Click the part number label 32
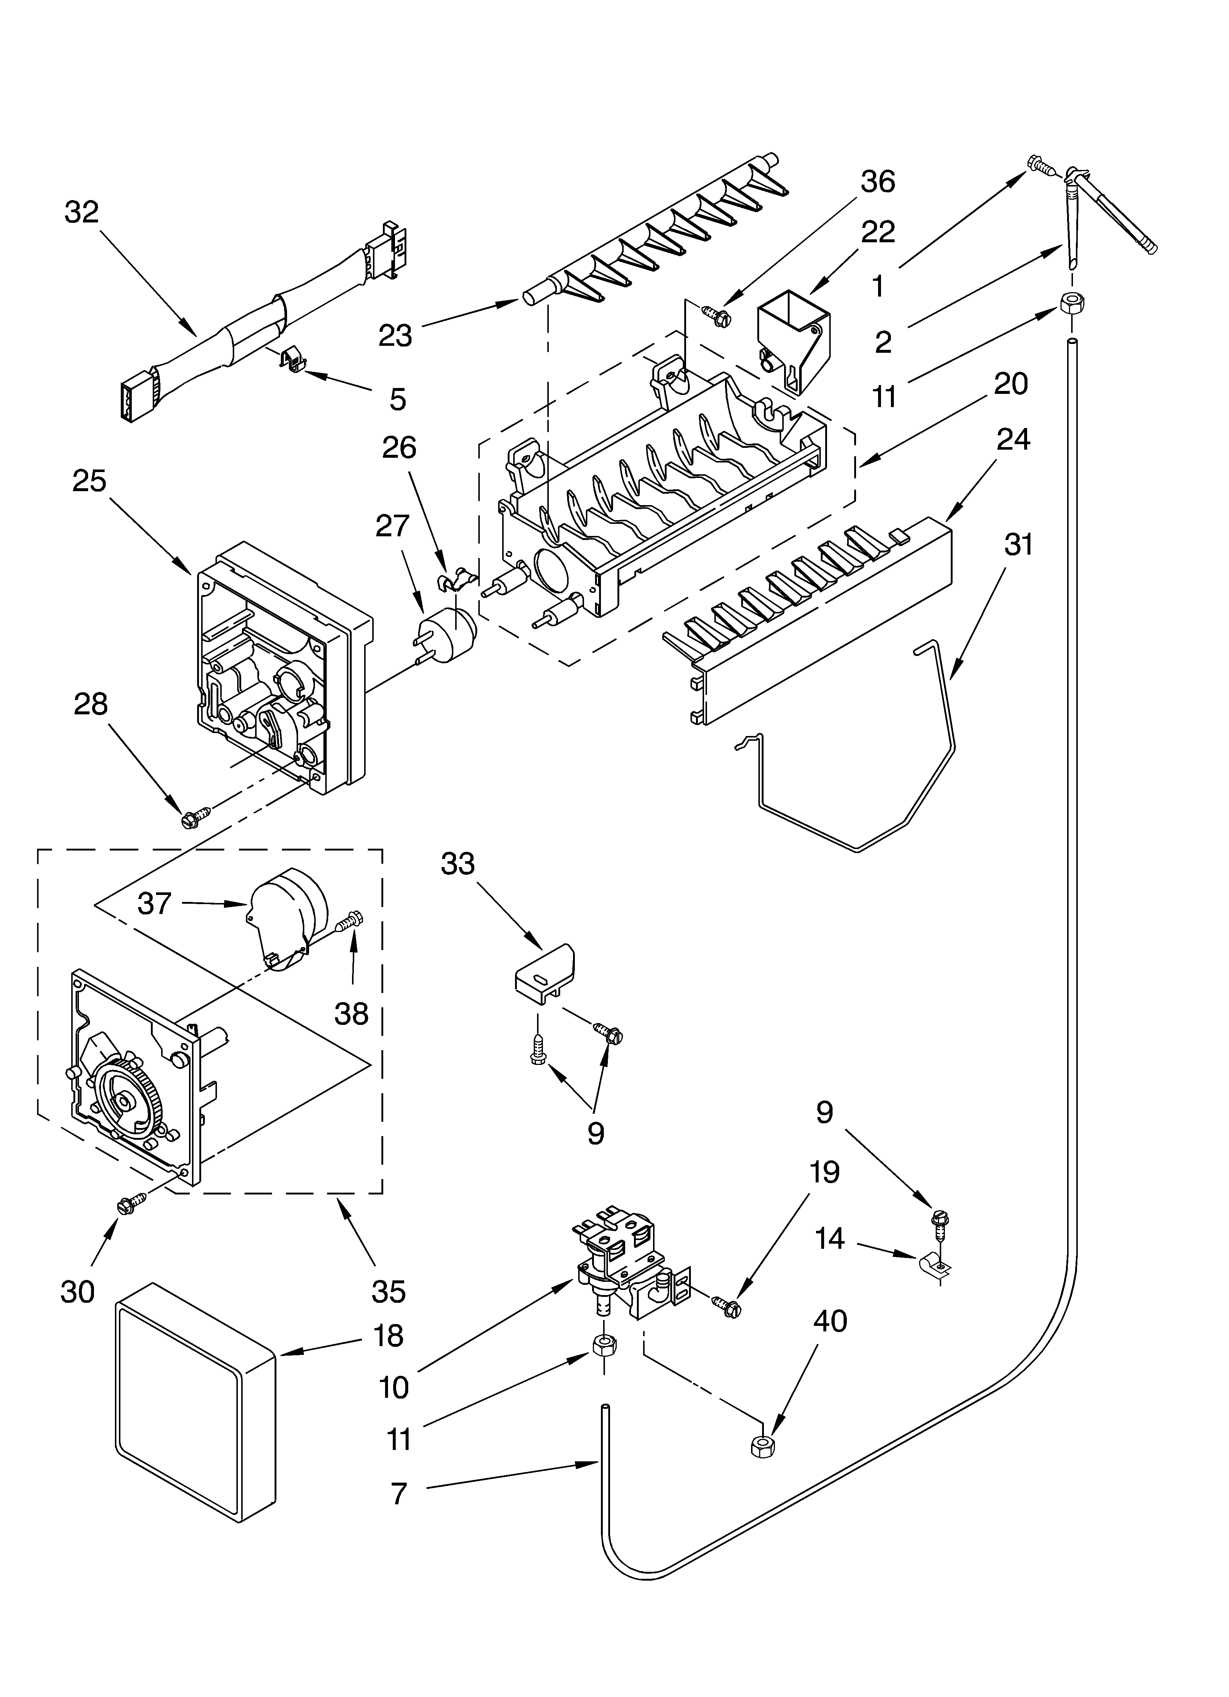81,213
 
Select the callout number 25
89,481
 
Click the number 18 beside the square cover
388,1335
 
